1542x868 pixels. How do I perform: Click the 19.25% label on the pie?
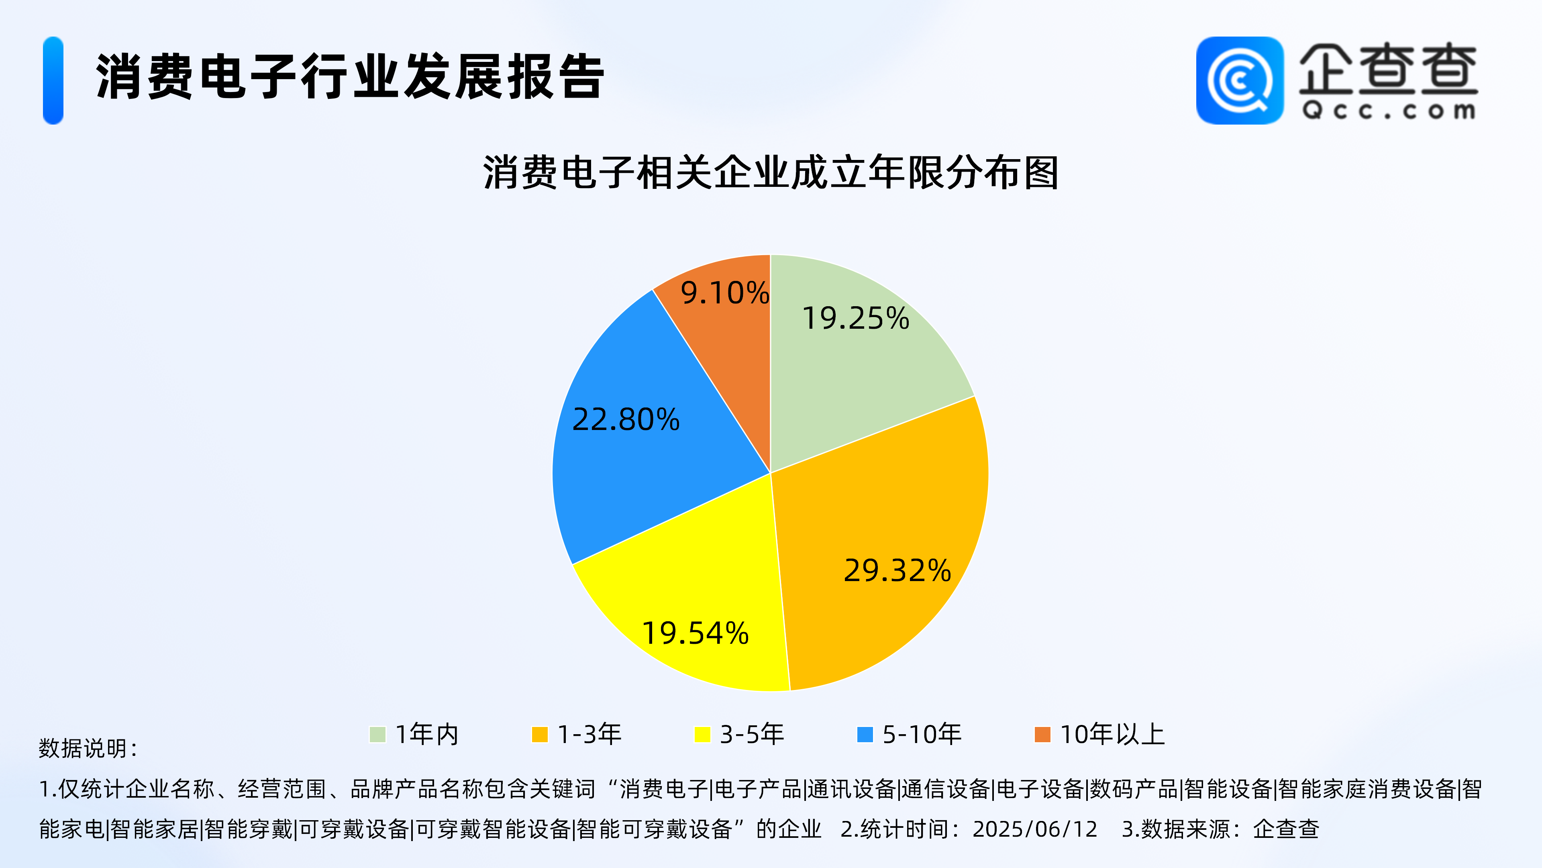click(x=855, y=318)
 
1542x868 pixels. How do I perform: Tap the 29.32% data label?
click(x=897, y=570)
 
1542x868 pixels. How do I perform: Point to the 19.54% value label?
click(x=695, y=633)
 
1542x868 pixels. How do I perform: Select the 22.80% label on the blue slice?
click(x=626, y=419)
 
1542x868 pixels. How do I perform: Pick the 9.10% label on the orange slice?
click(x=725, y=293)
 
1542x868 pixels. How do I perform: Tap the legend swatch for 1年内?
click(x=378, y=735)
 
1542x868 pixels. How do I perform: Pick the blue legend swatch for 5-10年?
click(x=865, y=735)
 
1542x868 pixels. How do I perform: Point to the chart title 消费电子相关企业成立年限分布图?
click(x=771, y=172)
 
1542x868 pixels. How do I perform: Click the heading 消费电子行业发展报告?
click(x=350, y=77)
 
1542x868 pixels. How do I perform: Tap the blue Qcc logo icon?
click(x=1240, y=80)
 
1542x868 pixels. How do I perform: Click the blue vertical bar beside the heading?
click(x=53, y=80)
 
